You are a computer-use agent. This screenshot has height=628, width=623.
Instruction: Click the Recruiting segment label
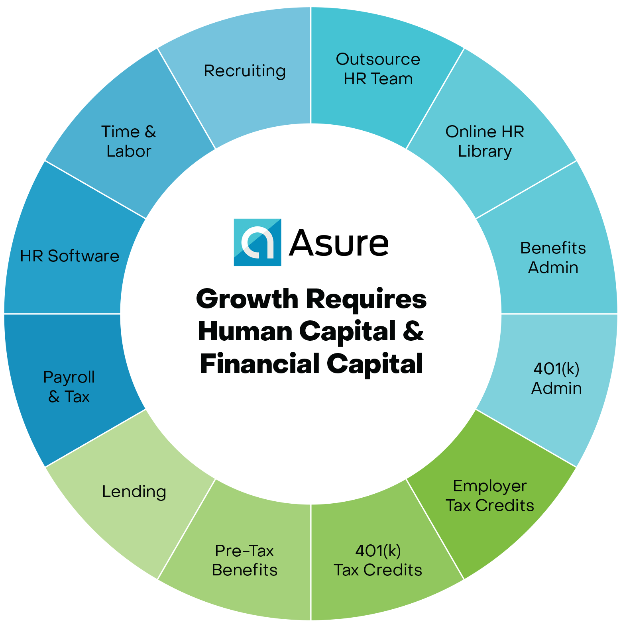pos(245,71)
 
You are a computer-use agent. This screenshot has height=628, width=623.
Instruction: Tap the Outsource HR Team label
pos(378,69)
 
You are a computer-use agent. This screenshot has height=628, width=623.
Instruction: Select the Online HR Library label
pos(485,141)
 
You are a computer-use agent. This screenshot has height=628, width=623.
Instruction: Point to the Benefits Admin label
pos(553,257)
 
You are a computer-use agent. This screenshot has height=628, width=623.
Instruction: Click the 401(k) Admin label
pos(556,378)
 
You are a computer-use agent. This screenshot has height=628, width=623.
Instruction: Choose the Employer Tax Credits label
pos(490,496)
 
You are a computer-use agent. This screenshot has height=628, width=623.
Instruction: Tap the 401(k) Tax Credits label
pos(378,560)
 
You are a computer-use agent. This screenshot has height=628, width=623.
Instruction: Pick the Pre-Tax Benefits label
pos(244,560)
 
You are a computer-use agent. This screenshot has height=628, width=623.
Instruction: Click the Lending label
pos(134,492)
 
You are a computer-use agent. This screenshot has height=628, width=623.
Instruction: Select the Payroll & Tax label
pos(69,387)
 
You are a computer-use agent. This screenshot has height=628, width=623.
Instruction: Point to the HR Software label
pos(70,256)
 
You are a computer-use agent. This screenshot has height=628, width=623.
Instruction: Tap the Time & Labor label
pos(128,141)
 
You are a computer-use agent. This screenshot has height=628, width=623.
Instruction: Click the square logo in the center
pos(257,242)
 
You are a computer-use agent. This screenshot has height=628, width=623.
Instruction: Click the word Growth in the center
pos(247,299)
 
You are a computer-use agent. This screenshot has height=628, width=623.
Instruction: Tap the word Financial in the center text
pos(259,363)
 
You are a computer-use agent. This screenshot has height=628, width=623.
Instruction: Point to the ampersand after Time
pos(150,132)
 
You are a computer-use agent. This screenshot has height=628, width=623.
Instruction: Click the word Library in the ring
pos(485,151)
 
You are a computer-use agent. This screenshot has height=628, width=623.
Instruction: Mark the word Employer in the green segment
pos(490,486)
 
